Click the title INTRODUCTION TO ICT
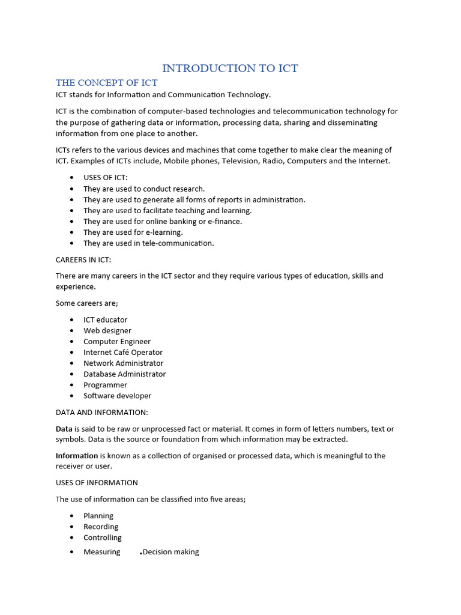(230, 68)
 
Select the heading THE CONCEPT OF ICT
(106, 82)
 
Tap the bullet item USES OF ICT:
(106, 178)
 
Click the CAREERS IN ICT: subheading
(83, 259)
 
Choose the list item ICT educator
(105, 320)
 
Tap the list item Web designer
(107, 330)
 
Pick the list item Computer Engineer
(117, 341)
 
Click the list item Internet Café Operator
(123, 352)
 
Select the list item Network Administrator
(123, 363)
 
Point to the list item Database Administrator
(124, 374)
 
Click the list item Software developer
(117, 396)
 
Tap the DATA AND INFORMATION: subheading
(101, 412)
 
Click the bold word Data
(64, 429)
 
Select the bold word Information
(77, 456)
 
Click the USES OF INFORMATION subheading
(97, 482)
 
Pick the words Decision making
(170, 552)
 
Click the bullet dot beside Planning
(71, 516)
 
